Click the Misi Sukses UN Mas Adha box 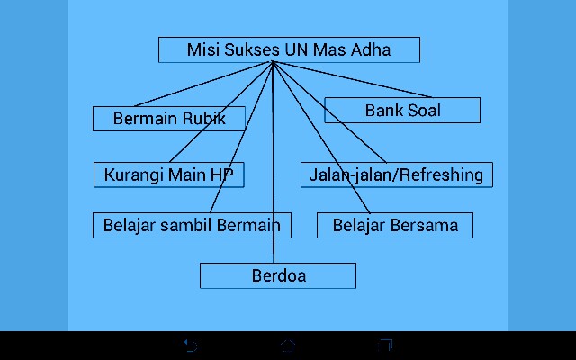pyautogui.click(x=289, y=50)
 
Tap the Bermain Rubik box pyautogui.click(x=168, y=119)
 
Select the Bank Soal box pyautogui.click(x=402, y=111)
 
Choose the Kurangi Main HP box pyautogui.click(x=168, y=175)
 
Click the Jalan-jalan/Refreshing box pyautogui.click(x=396, y=175)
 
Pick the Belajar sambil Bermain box pyautogui.click(x=192, y=225)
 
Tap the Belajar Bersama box pyautogui.click(x=395, y=225)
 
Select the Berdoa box pyautogui.click(x=278, y=275)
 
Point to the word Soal pyautogui.click(x=423, y=111)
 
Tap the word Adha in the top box pyautogui.click(x=371, y=50)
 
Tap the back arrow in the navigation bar pyautogui.click(x=191, y=345)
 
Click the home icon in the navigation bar pyautogui.click(x=288, y=345)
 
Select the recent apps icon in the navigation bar pyautogui.click(x=386, y=345)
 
